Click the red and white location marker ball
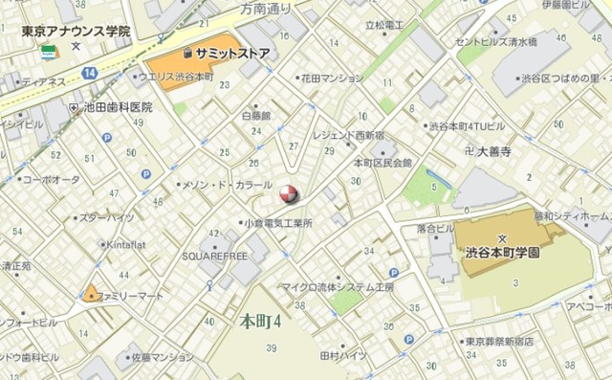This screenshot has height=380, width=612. click(x=288, y=194)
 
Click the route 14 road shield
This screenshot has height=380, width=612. click(x=90, y=73)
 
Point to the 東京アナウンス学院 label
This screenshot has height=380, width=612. click(x=76, y=32)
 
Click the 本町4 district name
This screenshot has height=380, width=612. click(x=260, y=321)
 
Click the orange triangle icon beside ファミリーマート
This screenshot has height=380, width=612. click(x=92, y=293)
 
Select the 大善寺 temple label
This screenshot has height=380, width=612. click(x=495, y=151)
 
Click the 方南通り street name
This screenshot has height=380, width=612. click(x=267, y=8)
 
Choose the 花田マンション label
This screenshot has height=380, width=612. click(x=332, y=78)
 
